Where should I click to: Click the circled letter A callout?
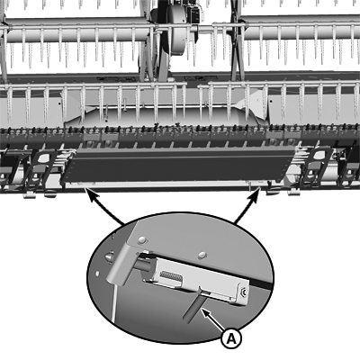[231, 339]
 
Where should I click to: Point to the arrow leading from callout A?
[213, 321]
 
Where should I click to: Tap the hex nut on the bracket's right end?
[244, 292]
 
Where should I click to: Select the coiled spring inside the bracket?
[171, 275]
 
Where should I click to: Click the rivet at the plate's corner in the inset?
[142, 239]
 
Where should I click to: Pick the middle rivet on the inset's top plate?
[202, 255]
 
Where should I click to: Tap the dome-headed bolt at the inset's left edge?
[109, 257]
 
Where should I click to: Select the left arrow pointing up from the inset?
[104, 208]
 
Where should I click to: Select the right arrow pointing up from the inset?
[247, 205]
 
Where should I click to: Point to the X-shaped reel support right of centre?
[238, 42]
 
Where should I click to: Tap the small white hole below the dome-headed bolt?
[97, 274]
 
